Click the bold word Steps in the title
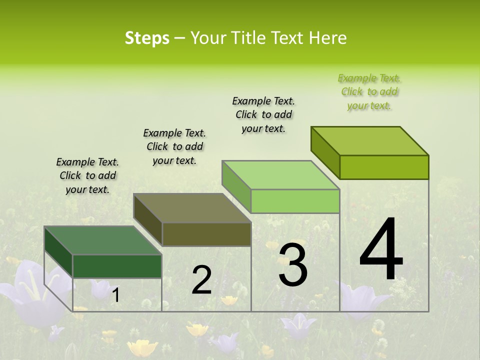click(x=147, y=38)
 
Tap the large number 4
click(x=381, y=249)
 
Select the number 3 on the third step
click(x=293, y=264)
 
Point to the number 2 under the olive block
click(x=201, y=280)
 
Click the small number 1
click(x=115, y=295)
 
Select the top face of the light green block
click(x=280, y=175)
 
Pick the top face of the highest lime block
click(x=370, y=141)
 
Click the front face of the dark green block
click(x=117, y=266)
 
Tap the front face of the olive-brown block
click(x=206, y=234)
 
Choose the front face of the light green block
click(x=295, y=201)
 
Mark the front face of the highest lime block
click(x=384, y=167)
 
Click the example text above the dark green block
click(x=87, y=175)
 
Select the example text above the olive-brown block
click(x=174, y=146)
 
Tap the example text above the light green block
click(x=263, y=114)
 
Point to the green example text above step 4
click(x=369, y=91)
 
